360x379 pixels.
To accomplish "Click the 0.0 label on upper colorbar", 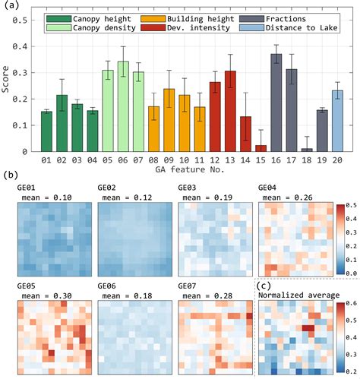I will point(351,251).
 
